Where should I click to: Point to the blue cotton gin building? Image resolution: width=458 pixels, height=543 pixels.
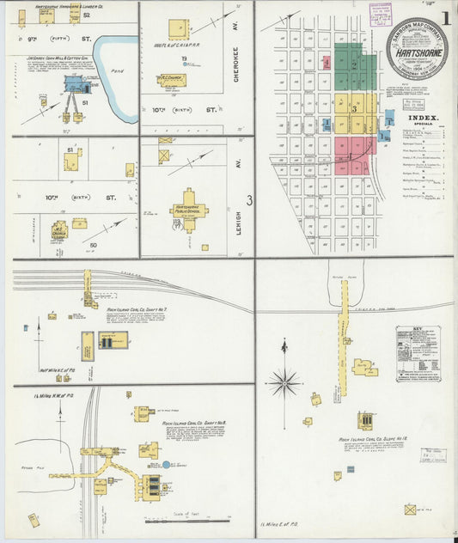73,83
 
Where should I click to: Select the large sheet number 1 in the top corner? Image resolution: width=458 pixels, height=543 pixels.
446,16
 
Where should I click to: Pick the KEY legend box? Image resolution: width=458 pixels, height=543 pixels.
417,352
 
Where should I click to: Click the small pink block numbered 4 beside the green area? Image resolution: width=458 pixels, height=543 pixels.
327,62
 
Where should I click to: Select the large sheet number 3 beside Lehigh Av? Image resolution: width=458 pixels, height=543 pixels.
248,200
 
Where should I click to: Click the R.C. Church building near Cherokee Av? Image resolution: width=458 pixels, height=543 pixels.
171,80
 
